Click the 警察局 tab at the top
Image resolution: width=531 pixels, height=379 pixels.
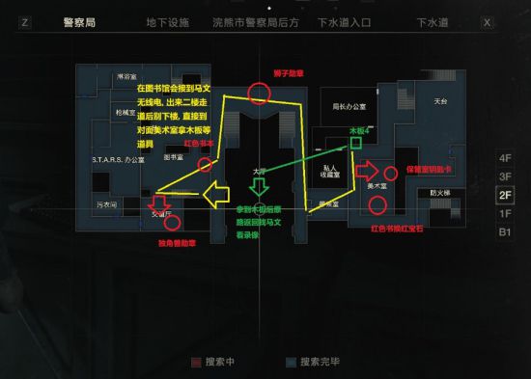pos(84,21)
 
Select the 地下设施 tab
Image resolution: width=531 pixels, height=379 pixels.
pos(169,21)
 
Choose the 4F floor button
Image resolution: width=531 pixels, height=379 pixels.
pos(504,158)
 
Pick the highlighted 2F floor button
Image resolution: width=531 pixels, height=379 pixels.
pos(504,195)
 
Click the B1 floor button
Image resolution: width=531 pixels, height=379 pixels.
pos(504,231)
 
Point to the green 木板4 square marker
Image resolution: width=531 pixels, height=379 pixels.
pos(356,144)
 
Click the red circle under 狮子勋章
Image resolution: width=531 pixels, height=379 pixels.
pos(258,93)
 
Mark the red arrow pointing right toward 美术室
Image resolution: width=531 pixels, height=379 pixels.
pos(366,172)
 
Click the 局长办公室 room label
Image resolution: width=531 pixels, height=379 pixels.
pos(351,106)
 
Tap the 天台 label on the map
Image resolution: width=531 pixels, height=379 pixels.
pos(441,100)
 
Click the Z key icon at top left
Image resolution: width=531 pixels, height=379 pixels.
pos(24,21)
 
